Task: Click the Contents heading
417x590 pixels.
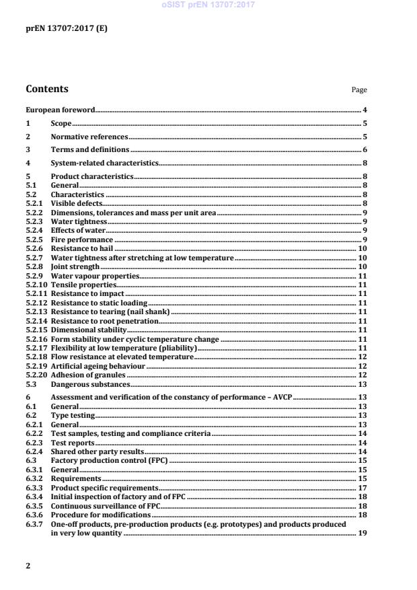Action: pos(46,89)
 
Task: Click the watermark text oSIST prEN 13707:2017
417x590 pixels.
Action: pos(208,5)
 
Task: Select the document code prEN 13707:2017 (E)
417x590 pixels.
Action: pos(66,28)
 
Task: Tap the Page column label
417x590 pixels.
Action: pos(359,90)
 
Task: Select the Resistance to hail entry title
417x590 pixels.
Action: pos(82,249)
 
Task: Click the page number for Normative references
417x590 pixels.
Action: pos(364,137)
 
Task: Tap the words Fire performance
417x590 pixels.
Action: pos(81,239)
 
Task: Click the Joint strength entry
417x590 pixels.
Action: pos(75,267)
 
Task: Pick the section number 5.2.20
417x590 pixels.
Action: pos(36,374)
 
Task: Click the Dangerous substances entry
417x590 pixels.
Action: pos(89,383)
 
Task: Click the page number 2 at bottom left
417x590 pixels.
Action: pos(28,566)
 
